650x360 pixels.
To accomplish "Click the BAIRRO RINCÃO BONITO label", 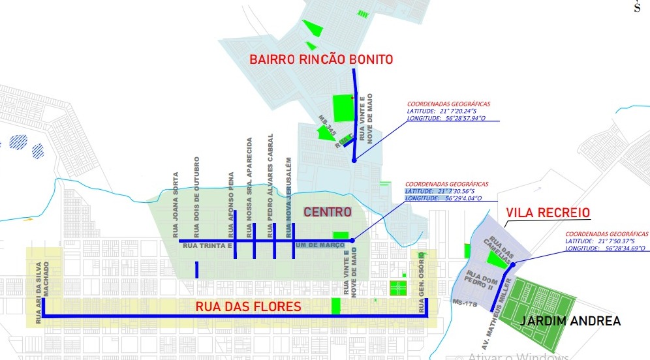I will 321,59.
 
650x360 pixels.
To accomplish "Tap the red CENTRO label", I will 327,212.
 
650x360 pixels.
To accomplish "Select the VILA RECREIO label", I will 548,213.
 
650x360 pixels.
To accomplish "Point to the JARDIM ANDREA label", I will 570,321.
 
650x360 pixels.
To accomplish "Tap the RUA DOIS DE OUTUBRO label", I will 196,196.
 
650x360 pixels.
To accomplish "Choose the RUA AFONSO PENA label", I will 231,204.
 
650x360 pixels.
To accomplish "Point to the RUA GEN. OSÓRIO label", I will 421,276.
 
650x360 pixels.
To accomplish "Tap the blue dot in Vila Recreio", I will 514,264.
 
